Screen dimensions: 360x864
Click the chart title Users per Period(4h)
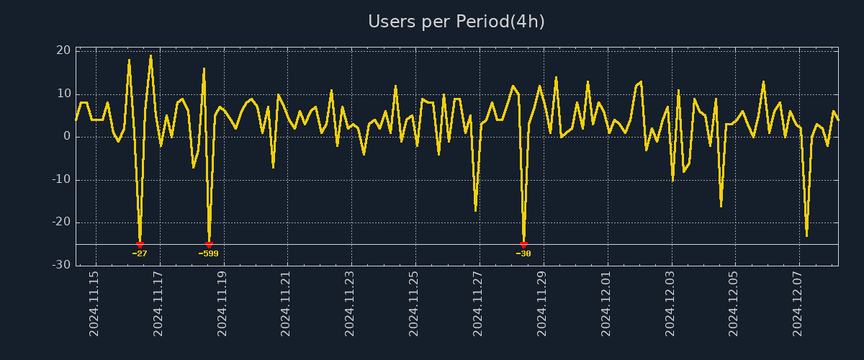(456, 22)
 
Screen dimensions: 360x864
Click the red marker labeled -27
(140, 245)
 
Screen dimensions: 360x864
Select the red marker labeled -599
(209, 245)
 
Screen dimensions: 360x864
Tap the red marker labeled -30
(523, 245)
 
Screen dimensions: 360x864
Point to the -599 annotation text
(209, 253)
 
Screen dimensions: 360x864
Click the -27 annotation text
(140, 253)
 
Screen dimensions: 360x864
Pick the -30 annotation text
(523, 253)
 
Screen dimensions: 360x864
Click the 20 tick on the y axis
(63, 50)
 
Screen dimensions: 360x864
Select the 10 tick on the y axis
(63, 94)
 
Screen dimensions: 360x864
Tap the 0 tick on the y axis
(67, 136)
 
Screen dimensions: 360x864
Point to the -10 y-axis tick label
(61, 179)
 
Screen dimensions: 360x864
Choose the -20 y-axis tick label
(61, 222)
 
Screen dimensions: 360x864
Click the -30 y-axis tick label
(61, 265)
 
